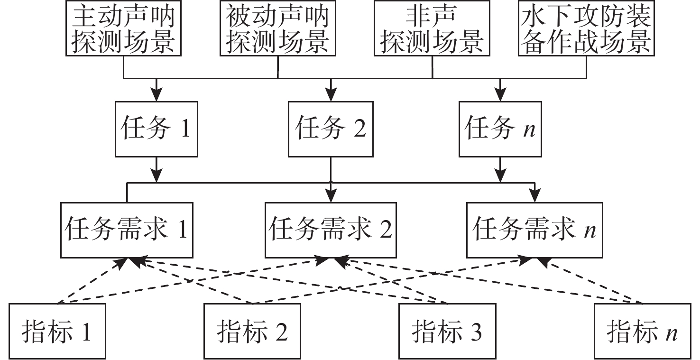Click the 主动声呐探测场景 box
click(x=123, y=28)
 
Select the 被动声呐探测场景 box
click(x=277, y=28)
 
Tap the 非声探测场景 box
click(x=432, y=28)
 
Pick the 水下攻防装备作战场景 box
click(x=586, y=28)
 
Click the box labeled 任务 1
click(x=156, y=129)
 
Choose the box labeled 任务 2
click(x=331, y=129)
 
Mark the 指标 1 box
click(x=56, y=331)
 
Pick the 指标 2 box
click(x=252, y=331)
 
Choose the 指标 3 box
click(x=447, y=331)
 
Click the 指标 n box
click(x=642, y=331)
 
